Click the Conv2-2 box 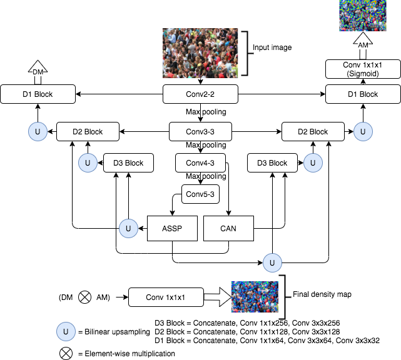click(200, 94)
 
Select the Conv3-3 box click(200, 132)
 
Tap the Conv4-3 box click(200, 162)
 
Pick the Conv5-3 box click(200, 194)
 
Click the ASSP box click(173, 228)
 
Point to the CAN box click(228, 228)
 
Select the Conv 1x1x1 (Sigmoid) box click(363, 69)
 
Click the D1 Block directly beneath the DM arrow click(38, 94)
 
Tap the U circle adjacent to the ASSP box click(129, 228)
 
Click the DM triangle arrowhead click(38, 67)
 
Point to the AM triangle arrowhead click(363, 41)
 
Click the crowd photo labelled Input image click(200, 53)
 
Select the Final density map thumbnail click(255, 297)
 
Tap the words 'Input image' click(272, 47)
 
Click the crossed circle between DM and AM click(84, 297)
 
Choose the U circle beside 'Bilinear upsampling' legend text click(66, 332)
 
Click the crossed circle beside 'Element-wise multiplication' click(66, 353)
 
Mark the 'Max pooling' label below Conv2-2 click(206, 112)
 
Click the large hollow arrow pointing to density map click(218, 297)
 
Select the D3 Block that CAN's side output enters click(272, 162)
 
